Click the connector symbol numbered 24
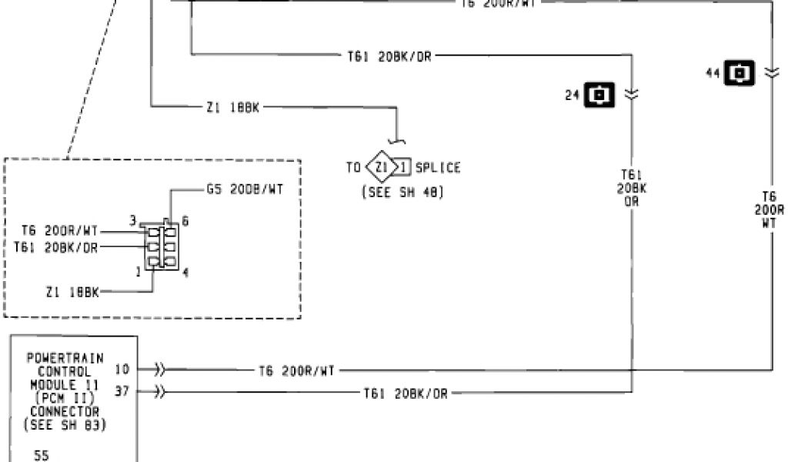click(x=600, y=95)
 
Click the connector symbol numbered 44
click(x=741, y=73)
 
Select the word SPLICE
click(x=438, y=167)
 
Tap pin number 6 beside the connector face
click(x=185, y=221)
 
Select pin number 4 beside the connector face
click(x=185, y=272)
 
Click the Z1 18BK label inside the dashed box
click(x=73, y=292)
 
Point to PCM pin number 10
click(x=122, y=370)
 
